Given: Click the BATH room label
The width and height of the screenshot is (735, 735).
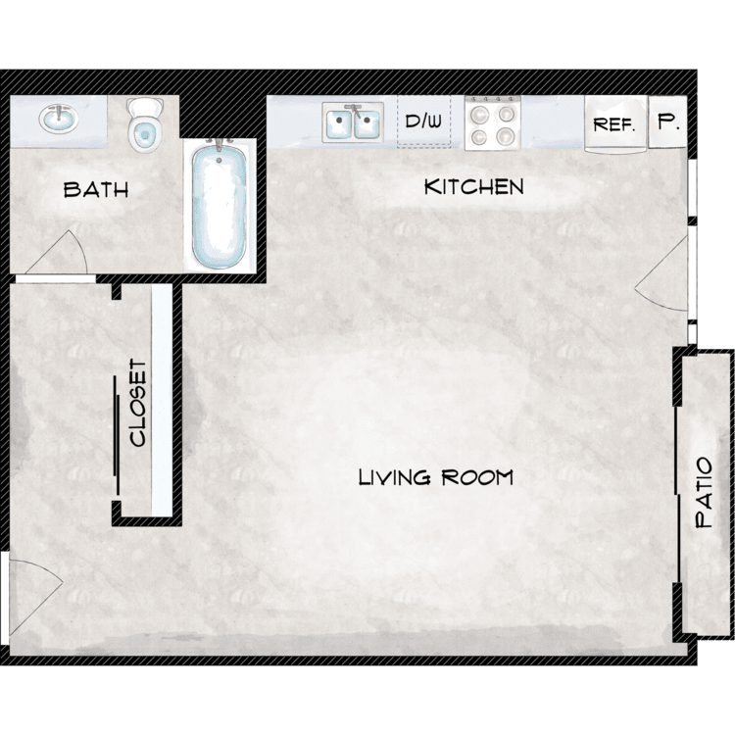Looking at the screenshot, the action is click(96, 189).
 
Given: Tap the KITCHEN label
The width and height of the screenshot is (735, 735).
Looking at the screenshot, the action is click(473, 187).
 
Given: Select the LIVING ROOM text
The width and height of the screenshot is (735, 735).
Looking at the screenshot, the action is click(435, 477).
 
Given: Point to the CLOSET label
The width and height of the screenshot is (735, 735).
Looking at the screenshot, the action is click(138, 403).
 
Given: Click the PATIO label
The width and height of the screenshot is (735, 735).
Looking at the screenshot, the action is click(704, 493).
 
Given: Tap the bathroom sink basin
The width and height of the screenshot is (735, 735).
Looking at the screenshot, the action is click(59, 119).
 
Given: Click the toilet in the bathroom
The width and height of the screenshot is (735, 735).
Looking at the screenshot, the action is click(145, 124).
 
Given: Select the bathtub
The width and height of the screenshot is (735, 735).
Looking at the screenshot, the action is click(220, 205).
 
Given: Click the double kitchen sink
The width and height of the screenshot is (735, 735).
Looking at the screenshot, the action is click(353, 122).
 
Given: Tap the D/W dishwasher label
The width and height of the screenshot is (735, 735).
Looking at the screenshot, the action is click(423, 122).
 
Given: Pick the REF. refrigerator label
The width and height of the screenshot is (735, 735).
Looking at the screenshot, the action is click(614, 124).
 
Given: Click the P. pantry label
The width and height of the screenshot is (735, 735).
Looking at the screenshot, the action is click(668, 122).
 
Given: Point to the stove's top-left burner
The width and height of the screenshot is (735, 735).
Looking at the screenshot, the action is click(479, 114).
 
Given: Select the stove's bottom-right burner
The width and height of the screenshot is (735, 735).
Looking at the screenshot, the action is click(506, 136).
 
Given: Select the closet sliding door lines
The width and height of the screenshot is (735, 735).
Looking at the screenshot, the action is click(117, 435).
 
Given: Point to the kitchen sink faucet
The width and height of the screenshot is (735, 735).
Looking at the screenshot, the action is click(356, 112).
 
